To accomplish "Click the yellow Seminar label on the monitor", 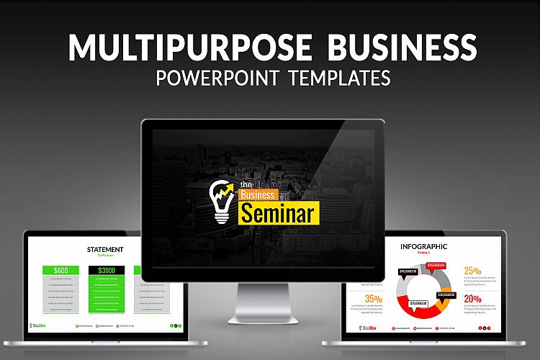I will tap(278, 213).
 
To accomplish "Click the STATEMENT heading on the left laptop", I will tap(105, 250).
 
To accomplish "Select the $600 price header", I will tap(60, 270).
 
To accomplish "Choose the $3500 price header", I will tap(105, 270).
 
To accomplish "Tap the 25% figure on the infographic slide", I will tap(472, 271).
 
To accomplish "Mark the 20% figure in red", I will tap(472, 300).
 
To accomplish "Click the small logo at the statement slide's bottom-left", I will tap(37, 325).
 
